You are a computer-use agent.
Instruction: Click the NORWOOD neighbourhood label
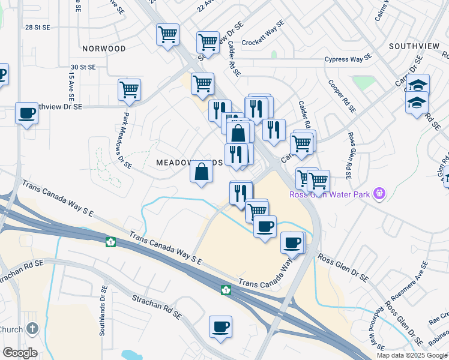[x=104, y=48]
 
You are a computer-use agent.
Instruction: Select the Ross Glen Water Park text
[x=330, y=194]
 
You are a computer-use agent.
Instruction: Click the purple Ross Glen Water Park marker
[x=379, y=193]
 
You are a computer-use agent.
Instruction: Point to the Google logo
[x=20, y=353]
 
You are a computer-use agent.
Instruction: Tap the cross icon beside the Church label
[x=32, y=329]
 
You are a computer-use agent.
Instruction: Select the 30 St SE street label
[x=83, y=67]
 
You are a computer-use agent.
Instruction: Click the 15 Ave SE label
[x=71, y=85]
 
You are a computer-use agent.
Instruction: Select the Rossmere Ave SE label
[x=409, y=281]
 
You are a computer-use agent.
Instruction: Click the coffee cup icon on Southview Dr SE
[x=26, y=113]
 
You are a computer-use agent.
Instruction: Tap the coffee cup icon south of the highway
[x=220, y=327]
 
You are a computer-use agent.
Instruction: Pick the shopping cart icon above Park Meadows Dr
[x=129, y=90]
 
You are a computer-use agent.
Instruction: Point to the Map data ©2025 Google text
[x=411, y=355]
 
